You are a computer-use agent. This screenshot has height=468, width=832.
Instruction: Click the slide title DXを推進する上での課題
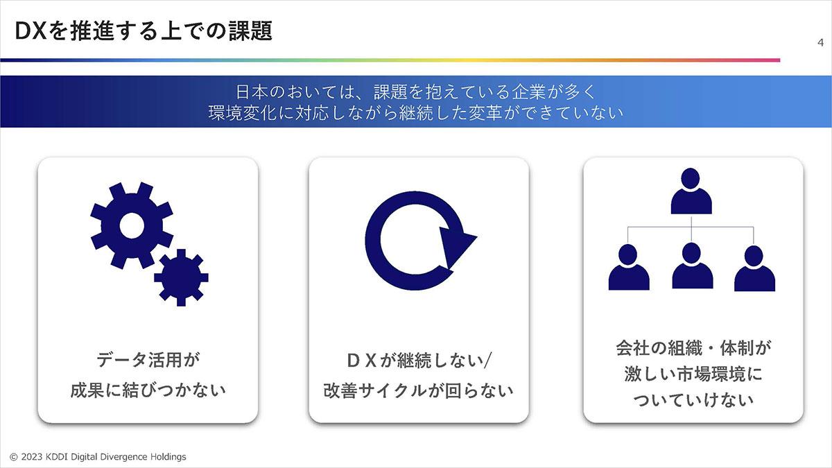click(x=144, y=31)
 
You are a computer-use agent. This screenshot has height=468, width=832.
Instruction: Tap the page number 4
click(x=820, y=43)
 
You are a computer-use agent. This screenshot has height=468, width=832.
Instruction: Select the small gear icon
click(x=181, y=277)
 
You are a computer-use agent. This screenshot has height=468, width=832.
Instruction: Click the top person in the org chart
click(x=691, y=191)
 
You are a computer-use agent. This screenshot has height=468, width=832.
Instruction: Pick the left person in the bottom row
click(x=629, y=267)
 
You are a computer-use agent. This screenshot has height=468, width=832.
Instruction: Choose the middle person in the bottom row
click(x=693, y=266)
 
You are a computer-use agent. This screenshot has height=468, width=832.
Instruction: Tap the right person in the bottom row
click(x=754, y=268)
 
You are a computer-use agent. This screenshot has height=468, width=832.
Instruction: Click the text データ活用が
click(x=148, y=360)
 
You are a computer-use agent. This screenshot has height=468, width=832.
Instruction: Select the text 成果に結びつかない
click(x=148, y=390)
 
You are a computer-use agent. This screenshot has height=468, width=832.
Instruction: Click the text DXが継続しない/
click(x=419, y=361)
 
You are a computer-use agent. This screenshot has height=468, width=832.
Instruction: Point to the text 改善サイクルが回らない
click(x=419, y=391)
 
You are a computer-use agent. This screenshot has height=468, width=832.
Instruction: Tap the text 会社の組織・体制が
click(x=693, y=348)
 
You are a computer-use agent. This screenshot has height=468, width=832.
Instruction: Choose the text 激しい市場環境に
click(x=693, y=374)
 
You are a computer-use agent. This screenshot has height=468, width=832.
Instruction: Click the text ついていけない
click(x=693, y=400)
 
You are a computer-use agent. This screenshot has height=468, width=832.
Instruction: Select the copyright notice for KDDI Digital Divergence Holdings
click(x=98, y=457)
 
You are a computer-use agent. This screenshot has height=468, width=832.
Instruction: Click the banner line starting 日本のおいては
click(x=416, y=92)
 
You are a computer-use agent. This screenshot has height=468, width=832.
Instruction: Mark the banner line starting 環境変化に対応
click(x=416, y=113)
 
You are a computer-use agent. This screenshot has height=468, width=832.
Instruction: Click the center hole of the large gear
click(x=132, y=225)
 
